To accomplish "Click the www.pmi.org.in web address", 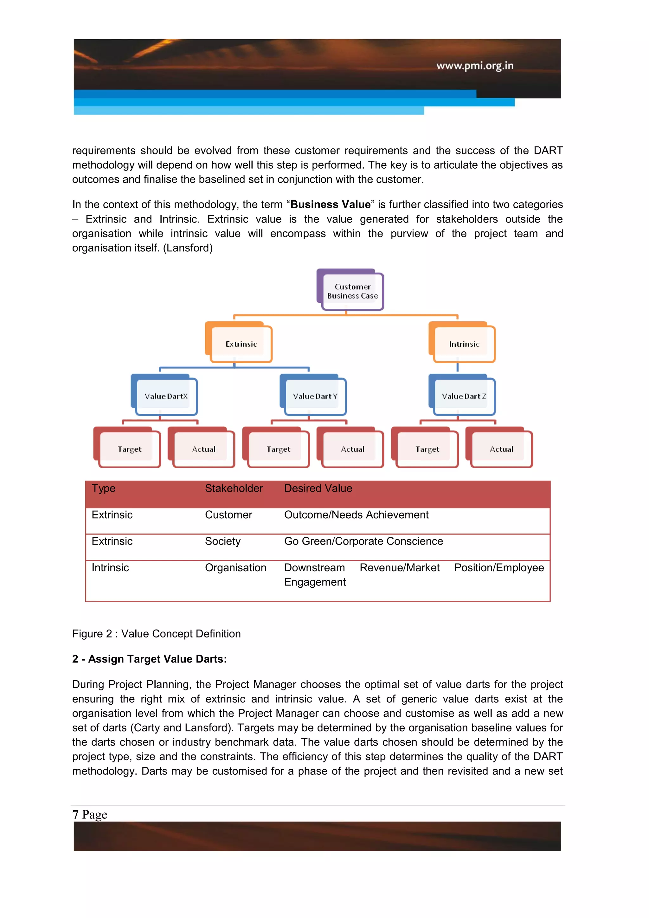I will click(474, 66).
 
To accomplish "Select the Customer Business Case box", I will click(352, 291).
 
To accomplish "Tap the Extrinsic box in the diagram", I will click(241, 344).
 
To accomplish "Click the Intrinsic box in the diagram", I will click(464, 344).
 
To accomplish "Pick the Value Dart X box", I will click(166, 396).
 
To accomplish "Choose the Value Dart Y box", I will click(315, 396).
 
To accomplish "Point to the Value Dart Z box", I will click(464, 396).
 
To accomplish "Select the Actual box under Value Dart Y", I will click(352, 449).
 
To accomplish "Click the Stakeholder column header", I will click(234, 488).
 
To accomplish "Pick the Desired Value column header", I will click(318, 488).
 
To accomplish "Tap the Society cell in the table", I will click(222, 541).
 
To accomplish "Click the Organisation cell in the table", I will click(235, 567).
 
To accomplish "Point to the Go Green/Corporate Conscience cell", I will click(363, 541).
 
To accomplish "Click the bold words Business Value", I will click(330, 204).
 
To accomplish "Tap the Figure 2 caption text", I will click(156, 633).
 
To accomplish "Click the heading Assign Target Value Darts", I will click(150, 659).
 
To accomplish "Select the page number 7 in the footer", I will click(75, 814).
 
